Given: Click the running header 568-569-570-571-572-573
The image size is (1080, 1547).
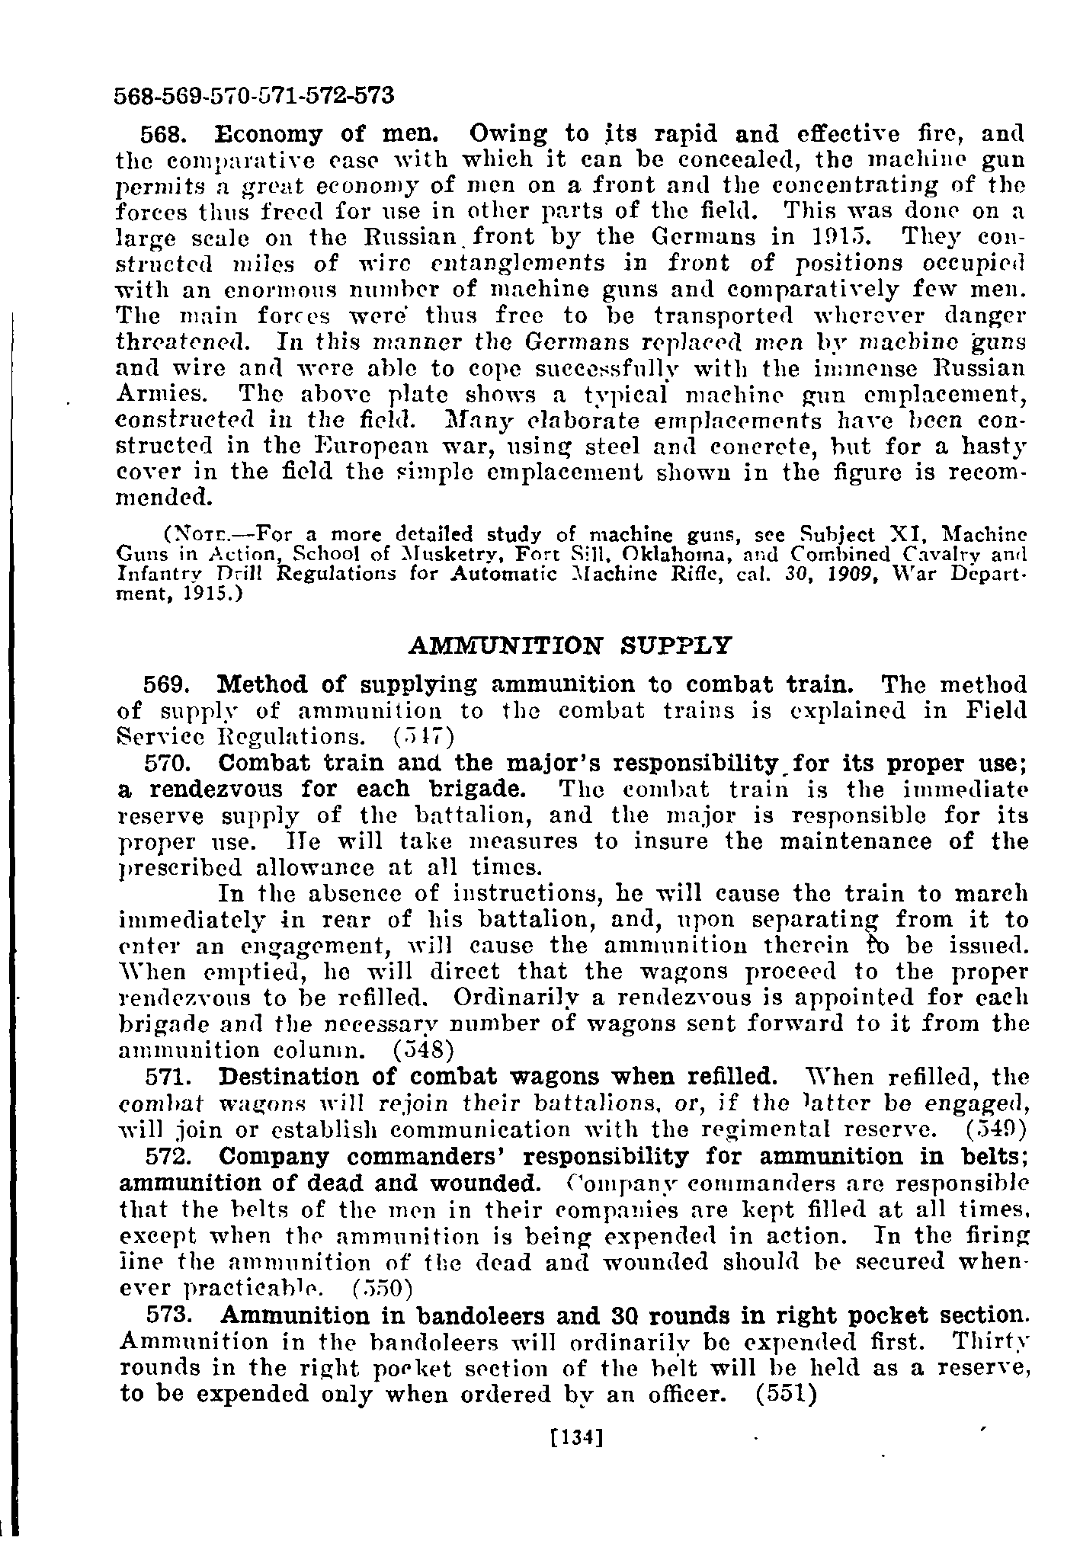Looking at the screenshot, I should [x=254, y=96].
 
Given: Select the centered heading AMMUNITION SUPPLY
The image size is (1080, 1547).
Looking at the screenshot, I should [x=570, y=645].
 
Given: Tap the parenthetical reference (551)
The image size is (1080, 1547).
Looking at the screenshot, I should [x=786, y=1394].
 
